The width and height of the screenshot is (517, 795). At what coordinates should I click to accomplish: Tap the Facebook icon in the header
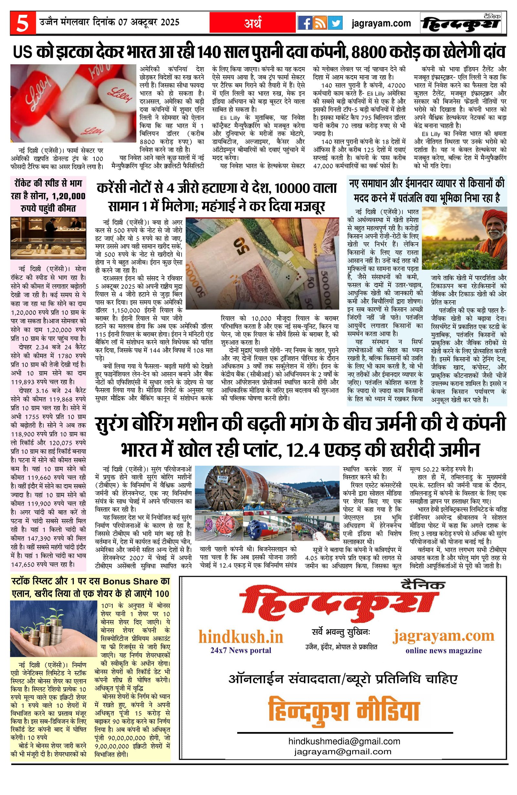click(305, 23)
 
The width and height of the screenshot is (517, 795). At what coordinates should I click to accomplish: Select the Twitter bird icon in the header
click(335, 23)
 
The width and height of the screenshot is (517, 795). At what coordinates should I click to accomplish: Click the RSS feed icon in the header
click(320, 23)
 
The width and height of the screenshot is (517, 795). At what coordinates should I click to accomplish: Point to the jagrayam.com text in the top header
click(381, 23)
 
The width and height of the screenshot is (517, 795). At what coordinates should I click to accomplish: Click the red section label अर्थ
click(253, 23)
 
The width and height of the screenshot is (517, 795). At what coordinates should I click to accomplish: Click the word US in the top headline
click(23, 52)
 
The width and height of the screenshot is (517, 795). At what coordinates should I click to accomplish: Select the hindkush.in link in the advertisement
click(241, 637)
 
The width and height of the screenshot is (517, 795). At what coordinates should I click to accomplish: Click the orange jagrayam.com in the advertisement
click(443, 635)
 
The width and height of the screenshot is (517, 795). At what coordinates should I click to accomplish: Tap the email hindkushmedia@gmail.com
click(344, 750)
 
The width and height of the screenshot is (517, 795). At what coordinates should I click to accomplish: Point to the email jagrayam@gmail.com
click(343, 761)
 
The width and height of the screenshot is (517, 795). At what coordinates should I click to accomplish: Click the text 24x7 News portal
click(241, 650)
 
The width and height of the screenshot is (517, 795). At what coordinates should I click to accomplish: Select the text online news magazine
click(444, 650)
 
